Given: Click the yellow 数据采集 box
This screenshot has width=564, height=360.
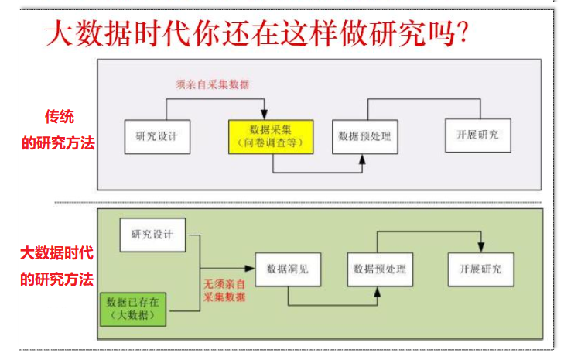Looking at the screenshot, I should (270, 136).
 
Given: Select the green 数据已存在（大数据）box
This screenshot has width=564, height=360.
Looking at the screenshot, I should (136, 308).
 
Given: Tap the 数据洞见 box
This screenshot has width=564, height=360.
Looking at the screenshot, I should (287, 269).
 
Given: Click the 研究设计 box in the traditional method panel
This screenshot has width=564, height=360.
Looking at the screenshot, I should (157, 136).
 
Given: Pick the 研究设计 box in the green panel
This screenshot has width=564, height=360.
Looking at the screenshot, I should (152, 235).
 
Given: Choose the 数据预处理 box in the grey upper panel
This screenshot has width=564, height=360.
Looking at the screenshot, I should (365, 136).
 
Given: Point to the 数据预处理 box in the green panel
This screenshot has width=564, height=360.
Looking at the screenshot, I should (378, 269).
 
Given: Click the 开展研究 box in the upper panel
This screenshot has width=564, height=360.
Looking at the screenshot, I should (477, 135).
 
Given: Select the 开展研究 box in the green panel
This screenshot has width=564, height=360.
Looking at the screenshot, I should (480, 269).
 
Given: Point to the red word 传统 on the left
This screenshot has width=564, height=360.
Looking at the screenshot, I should (59, 118).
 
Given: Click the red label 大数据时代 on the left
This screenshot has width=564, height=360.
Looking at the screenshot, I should (57, 253).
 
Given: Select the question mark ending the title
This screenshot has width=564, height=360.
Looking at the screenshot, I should (460, 35).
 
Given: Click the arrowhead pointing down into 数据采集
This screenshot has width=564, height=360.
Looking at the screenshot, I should (265, 114).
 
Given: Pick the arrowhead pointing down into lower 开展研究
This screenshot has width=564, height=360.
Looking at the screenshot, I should (481, 247).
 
